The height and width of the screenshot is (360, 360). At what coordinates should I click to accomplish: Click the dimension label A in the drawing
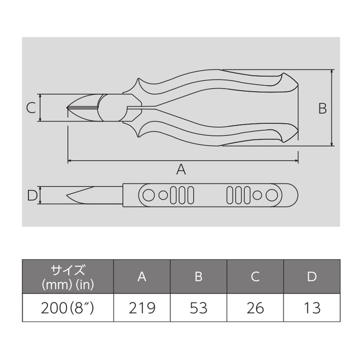tap(181, 169)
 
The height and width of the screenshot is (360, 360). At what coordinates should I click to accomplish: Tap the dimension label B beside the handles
tap(321, 108)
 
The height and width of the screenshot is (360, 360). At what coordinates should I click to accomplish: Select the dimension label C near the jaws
tap(31, 108)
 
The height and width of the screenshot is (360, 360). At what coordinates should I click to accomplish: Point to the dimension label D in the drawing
tap(31, 195)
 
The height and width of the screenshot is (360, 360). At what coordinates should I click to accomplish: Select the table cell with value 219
tap(142, 308)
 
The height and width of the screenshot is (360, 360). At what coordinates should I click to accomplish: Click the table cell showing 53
tap(199, 308)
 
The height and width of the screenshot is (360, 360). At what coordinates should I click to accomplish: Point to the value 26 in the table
tap(255, 308)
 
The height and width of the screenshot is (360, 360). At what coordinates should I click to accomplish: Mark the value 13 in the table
tap(312, 308)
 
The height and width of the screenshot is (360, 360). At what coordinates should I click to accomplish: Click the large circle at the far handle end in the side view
tap(272, 195)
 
